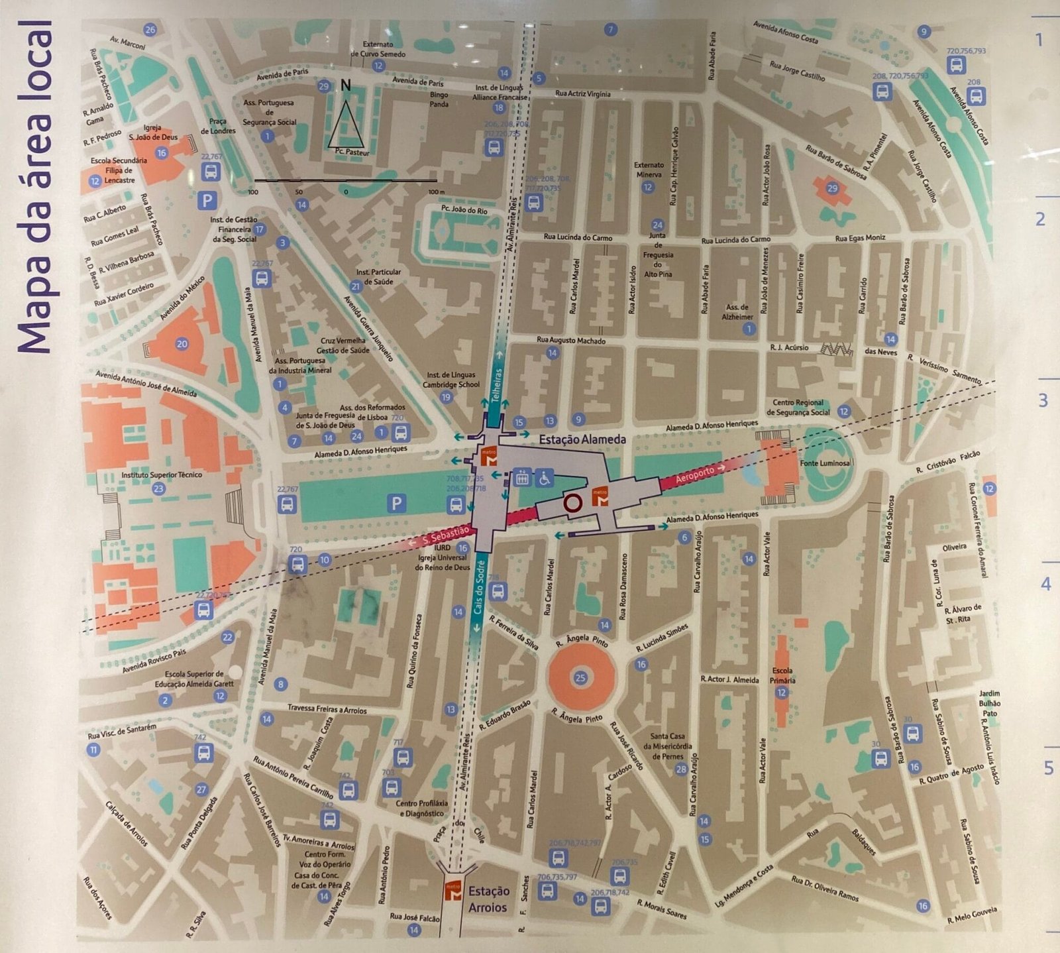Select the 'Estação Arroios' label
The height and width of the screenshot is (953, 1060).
488,899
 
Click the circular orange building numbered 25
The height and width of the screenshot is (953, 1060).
580,677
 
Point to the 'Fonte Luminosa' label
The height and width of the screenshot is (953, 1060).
825,463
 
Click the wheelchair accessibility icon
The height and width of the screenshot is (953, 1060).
545,476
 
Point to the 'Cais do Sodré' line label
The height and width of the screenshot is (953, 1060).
479,590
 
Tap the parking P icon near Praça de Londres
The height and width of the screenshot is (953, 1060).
208,199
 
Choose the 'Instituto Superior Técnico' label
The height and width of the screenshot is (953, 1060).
162,475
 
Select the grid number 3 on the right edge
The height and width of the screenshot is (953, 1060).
1043,400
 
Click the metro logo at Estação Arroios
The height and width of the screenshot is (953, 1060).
453,891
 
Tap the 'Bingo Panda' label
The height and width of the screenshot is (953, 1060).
439,99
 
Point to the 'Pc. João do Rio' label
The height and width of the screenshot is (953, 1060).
464,210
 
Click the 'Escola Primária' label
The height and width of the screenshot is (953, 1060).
782,675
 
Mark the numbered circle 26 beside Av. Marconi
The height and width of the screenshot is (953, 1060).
150,30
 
